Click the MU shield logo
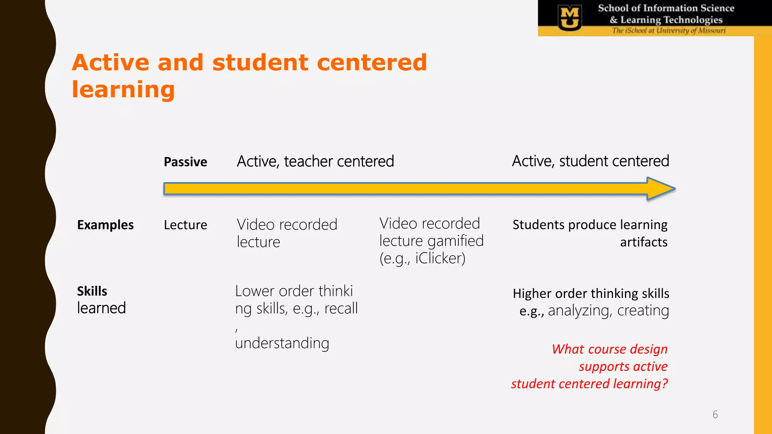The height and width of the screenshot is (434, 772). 570,18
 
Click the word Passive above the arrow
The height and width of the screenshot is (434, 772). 185,162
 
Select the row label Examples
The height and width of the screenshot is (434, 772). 105,225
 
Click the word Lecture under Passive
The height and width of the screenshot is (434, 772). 185,225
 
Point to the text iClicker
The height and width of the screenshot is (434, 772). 440,258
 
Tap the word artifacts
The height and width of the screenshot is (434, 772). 643,242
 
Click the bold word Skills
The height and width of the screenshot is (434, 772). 92,291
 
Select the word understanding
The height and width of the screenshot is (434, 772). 282,343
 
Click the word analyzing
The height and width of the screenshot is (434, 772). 579,311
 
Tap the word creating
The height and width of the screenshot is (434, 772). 643,311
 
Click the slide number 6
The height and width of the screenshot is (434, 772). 715,415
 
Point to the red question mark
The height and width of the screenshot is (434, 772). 664,384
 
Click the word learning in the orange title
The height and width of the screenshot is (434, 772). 123,90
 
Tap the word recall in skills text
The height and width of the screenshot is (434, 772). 341,309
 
